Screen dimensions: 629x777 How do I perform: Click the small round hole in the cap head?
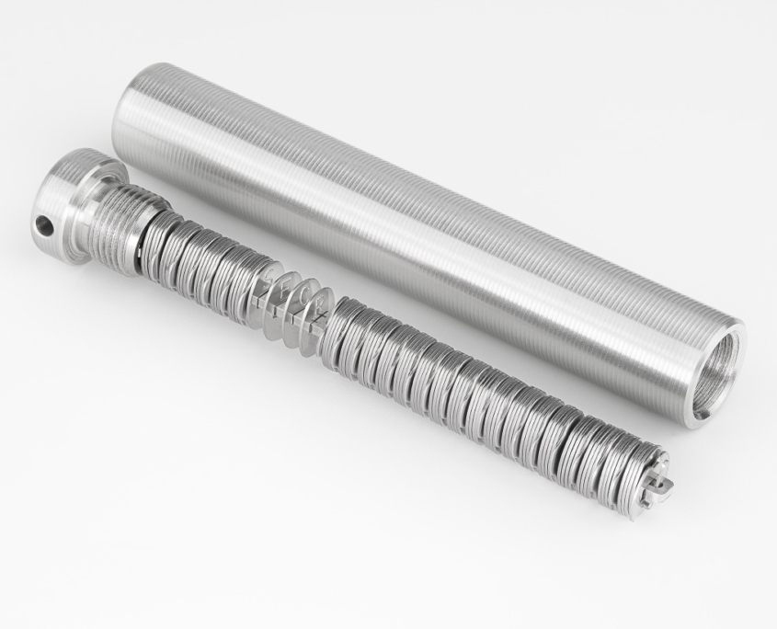[x=42, y=223]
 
